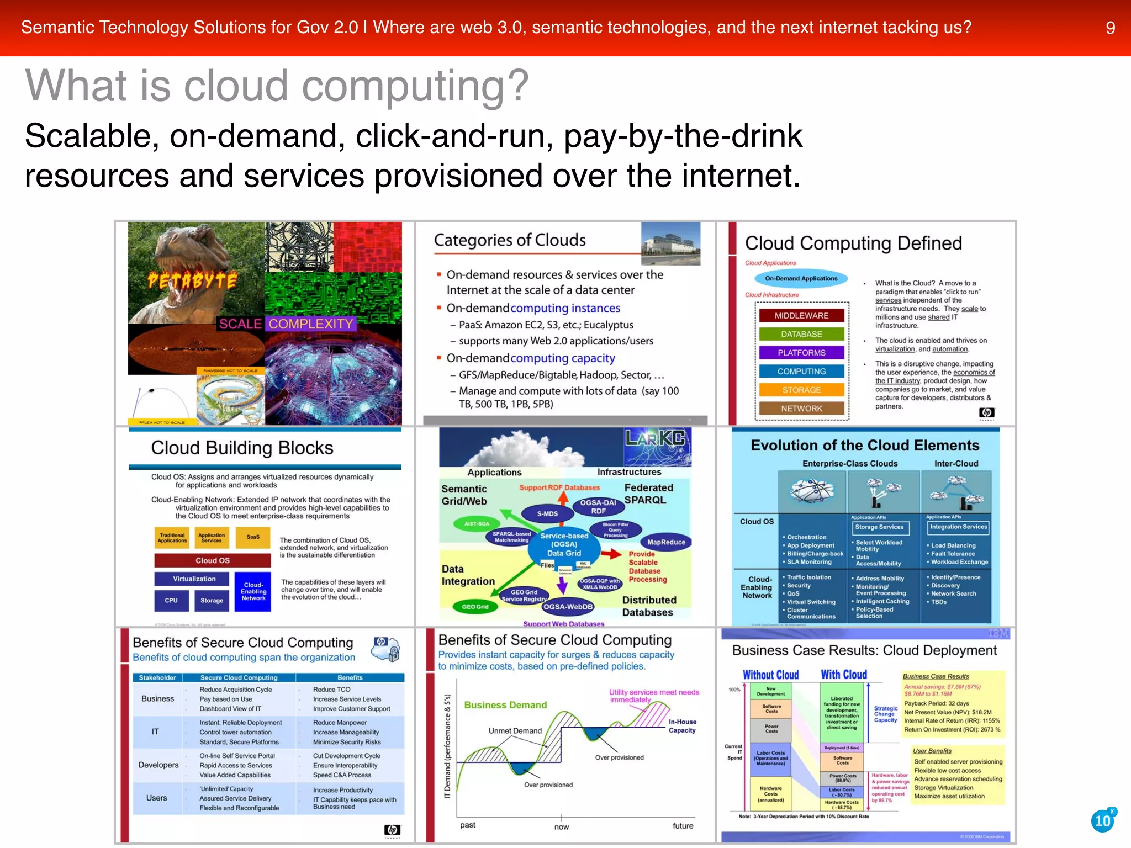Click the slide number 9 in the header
pos(1110,28)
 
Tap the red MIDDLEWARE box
pos(801,316)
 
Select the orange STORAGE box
pos(801,390)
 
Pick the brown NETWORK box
pos(801,409)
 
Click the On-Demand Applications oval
pos(801,279)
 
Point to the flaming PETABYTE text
pos(192,281)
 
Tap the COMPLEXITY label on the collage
pos(310,324)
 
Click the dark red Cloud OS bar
pos(213,561)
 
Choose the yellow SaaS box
pos(253,537)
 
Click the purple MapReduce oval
pos(666,543)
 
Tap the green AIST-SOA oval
pos(477,523)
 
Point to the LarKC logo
pos(656,439)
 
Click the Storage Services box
pos(879,527)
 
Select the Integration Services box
pos(958,527)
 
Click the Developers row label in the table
pos(158,765)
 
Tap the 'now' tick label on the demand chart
pos(562,827)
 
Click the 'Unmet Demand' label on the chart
pos(515,731)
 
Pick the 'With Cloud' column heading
pos(844,675)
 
